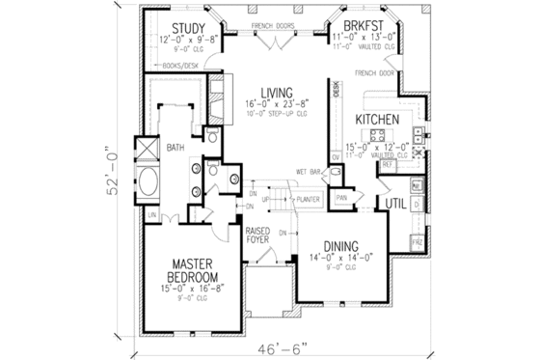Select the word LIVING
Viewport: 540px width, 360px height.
point(263,94)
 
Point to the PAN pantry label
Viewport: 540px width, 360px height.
point(340,197)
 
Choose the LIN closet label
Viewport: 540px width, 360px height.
point(151,213)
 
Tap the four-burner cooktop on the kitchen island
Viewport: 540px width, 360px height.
point(417,140)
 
